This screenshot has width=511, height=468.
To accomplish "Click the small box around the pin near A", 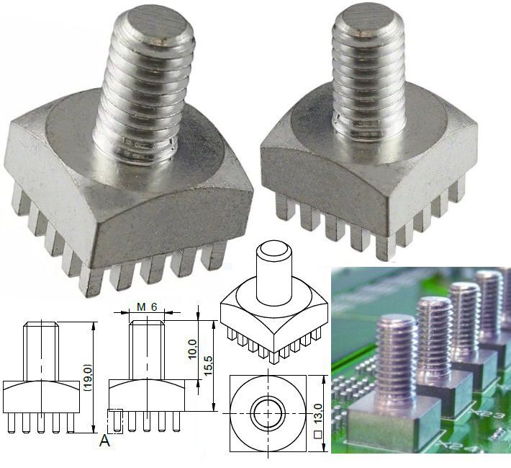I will [116, 420].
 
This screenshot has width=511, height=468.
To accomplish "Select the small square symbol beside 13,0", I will [317, 435].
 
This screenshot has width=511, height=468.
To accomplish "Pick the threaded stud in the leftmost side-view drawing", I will [40, 353].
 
